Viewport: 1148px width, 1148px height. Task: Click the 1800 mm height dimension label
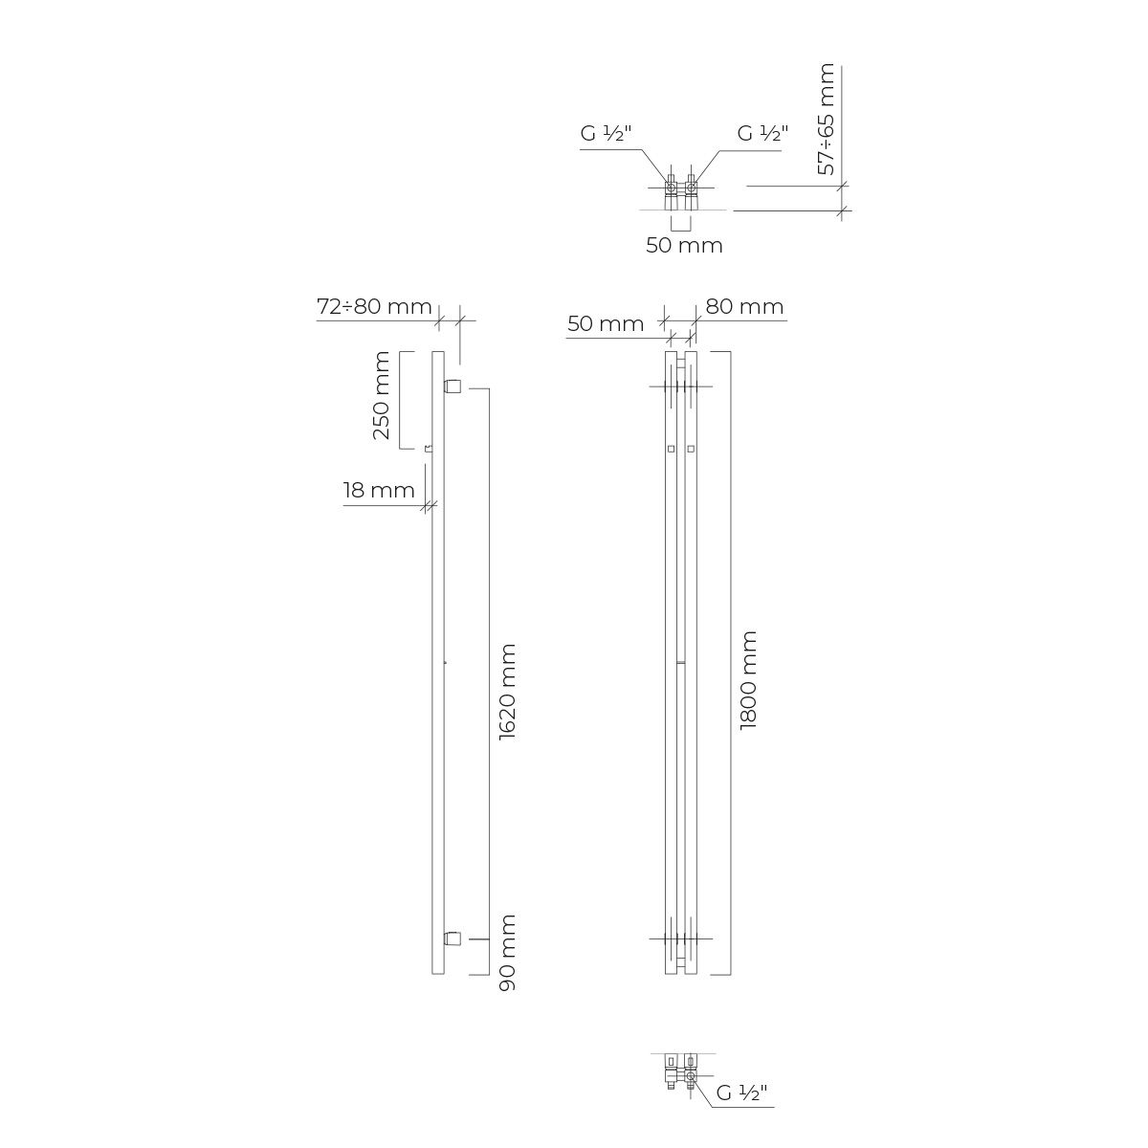748,680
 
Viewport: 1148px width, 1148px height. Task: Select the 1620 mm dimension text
507,692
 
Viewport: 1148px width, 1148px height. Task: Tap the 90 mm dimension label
507,953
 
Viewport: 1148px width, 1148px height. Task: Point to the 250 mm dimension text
382,395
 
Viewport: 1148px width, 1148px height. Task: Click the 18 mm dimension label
379,491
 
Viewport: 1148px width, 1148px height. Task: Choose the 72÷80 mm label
374,306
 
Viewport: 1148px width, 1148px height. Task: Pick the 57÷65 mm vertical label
827,120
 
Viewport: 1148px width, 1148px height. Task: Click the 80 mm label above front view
744,306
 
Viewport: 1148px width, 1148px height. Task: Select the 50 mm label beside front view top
606,323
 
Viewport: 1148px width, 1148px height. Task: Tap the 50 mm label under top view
685,245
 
